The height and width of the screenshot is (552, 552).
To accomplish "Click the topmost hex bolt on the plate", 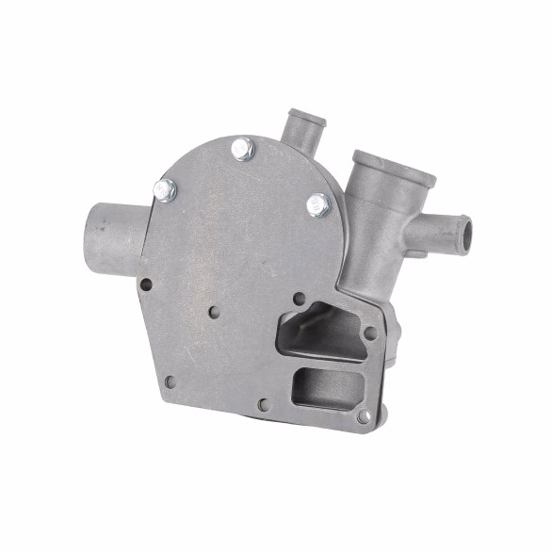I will [x=242, y=148].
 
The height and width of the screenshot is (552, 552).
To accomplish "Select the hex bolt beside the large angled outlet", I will [x=318, y=204].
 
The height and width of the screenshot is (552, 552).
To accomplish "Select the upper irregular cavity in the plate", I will [x=320, y=331].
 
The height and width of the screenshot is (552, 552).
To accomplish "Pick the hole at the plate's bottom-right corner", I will [x=364, y=415].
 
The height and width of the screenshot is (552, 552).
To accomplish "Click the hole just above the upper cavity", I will [x=300, y=299].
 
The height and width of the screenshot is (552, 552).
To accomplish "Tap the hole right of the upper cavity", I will [x=370, y=332].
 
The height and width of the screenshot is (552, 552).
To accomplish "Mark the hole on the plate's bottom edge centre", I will [x=263, y=405].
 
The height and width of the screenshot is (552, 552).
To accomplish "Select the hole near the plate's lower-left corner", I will [x=170, y=382].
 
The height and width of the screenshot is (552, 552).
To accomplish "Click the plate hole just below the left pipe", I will [x=145, y=283].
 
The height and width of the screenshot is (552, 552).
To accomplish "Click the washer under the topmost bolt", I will [x=243, y=155].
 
